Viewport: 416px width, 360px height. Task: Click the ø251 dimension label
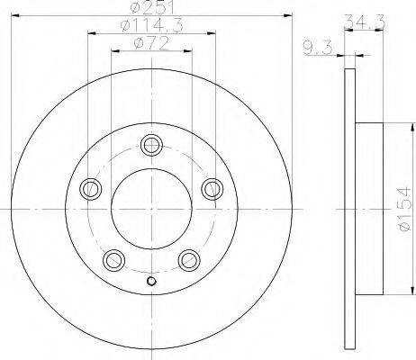click(152, 8)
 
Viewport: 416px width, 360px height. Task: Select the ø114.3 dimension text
click(151, 25)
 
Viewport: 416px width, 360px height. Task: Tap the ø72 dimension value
click(151, 43)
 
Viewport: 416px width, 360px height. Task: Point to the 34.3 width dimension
click(364, 22)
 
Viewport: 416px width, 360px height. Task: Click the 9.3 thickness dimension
click(318, 49)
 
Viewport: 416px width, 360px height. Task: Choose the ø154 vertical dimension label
click(403, 209)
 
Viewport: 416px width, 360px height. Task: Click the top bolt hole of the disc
click(151, 145)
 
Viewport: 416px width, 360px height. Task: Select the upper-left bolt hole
click(90, 189)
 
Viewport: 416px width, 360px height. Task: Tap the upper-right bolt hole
click(213, 189)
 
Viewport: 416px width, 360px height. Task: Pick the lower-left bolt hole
click(113, 260)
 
